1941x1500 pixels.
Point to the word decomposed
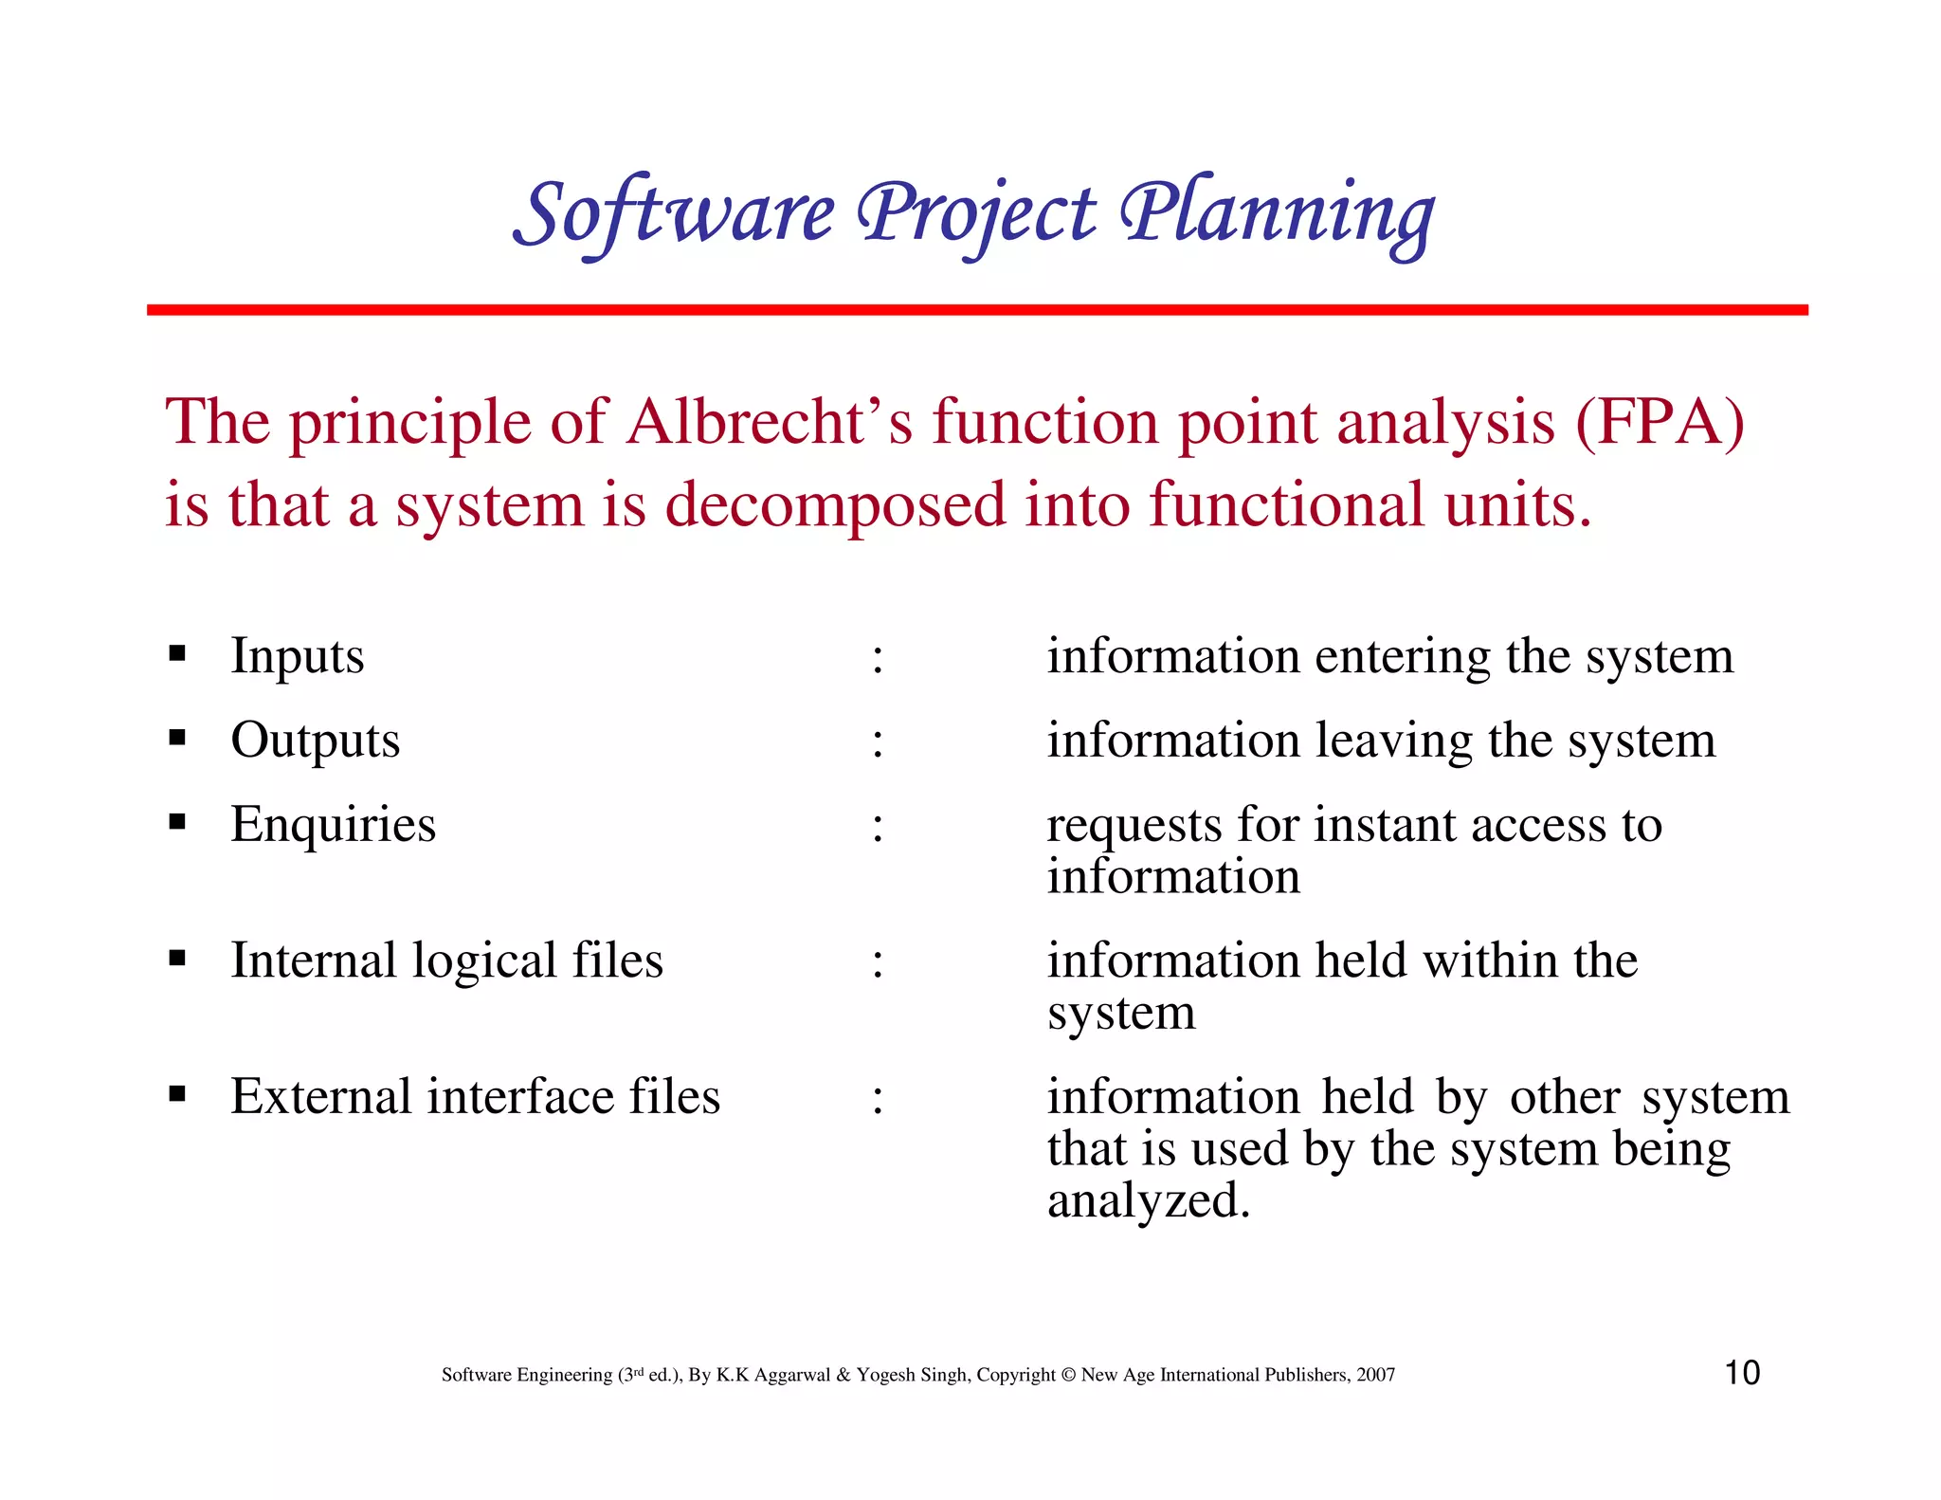click(835, 504)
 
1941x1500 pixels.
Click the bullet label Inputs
click(297, 656)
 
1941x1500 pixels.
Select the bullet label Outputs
click(315, 741)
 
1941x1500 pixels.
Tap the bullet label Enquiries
click(333, 825)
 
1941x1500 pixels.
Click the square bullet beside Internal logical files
click(177, 959)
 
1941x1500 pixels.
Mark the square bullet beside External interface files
click(177, 1095)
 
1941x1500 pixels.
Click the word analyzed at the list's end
click(1148, 1201)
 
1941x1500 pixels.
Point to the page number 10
click(1742, 1373)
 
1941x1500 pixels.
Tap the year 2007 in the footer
click(1375, 1375)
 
